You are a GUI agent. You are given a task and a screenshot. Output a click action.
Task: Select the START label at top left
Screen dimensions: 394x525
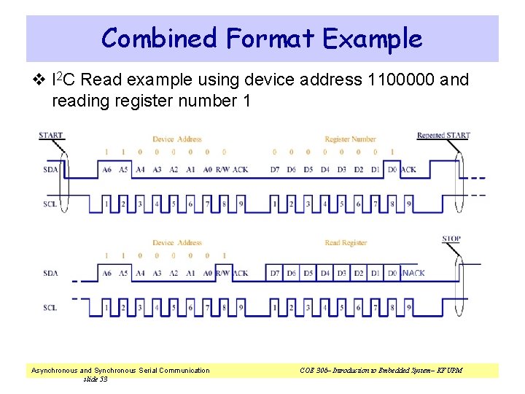tap(51, 135)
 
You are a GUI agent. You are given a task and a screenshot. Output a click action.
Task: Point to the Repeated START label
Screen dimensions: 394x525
tap(443, 135)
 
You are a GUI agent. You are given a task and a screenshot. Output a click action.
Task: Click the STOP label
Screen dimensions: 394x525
tap(451, 239)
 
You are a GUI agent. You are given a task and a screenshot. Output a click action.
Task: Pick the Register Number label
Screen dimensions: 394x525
tap(350, 139)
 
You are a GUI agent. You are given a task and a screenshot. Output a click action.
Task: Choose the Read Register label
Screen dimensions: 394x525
tap(343, 243)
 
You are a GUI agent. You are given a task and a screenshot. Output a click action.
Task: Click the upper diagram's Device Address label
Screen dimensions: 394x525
tap(177, 139)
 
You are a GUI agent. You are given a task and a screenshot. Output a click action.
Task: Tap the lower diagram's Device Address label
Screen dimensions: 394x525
tap(177, 243)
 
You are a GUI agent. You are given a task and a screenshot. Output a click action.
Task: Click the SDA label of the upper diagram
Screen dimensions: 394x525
tap(50, 170)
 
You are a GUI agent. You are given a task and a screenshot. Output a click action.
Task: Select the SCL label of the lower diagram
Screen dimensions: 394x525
tap(50, 308)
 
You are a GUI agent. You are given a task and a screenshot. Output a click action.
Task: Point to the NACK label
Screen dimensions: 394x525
tap(413, 274)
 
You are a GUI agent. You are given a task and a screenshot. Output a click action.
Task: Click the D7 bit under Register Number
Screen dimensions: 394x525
tap(275, 170)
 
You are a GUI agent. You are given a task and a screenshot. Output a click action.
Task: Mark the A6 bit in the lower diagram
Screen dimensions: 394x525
tap(107, 274)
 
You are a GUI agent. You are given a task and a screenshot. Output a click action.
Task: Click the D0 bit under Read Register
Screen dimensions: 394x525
tap(392, 274)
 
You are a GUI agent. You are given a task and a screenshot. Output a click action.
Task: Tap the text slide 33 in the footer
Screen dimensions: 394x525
tap(96, 379)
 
